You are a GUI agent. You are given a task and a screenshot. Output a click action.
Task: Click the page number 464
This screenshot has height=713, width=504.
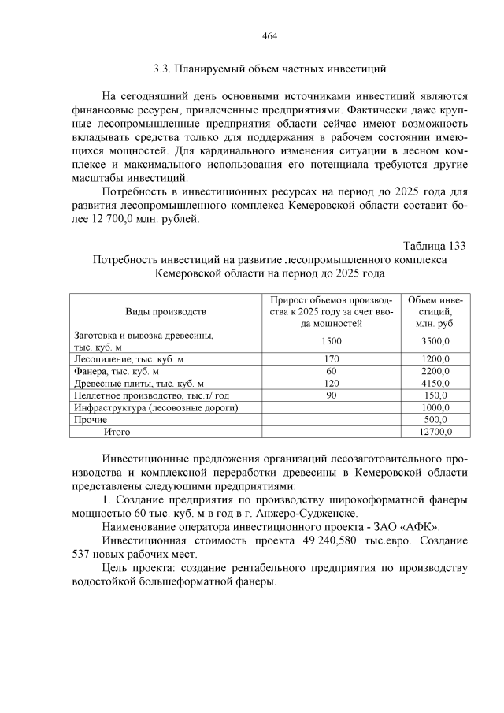click(x=269, y=36)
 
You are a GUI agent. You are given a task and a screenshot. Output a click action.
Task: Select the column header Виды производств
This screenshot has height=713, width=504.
click(x=165, y=312)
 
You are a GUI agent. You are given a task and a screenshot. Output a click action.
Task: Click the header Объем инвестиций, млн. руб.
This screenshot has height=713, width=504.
click(x=435, y=312)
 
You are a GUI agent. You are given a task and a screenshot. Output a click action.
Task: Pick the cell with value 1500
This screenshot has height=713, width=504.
click(x=332, y=341)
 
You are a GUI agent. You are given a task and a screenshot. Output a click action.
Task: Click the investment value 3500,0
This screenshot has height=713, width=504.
click(x=435, y=341)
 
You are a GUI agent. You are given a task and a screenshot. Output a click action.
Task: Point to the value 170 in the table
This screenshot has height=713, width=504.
click(x=332, y=359)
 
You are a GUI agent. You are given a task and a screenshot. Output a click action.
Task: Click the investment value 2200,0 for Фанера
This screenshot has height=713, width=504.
click(x=435, y=371)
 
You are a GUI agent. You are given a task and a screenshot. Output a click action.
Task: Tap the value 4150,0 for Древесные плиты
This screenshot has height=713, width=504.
click(x=435, y=383)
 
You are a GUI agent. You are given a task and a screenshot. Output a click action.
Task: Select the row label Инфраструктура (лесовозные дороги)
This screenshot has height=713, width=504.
click(x=156, y=407)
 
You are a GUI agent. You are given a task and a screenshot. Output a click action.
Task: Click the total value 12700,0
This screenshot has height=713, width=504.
click(x=435, y=432)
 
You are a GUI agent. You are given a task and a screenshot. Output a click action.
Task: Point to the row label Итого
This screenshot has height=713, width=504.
click(x=117, y=432)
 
